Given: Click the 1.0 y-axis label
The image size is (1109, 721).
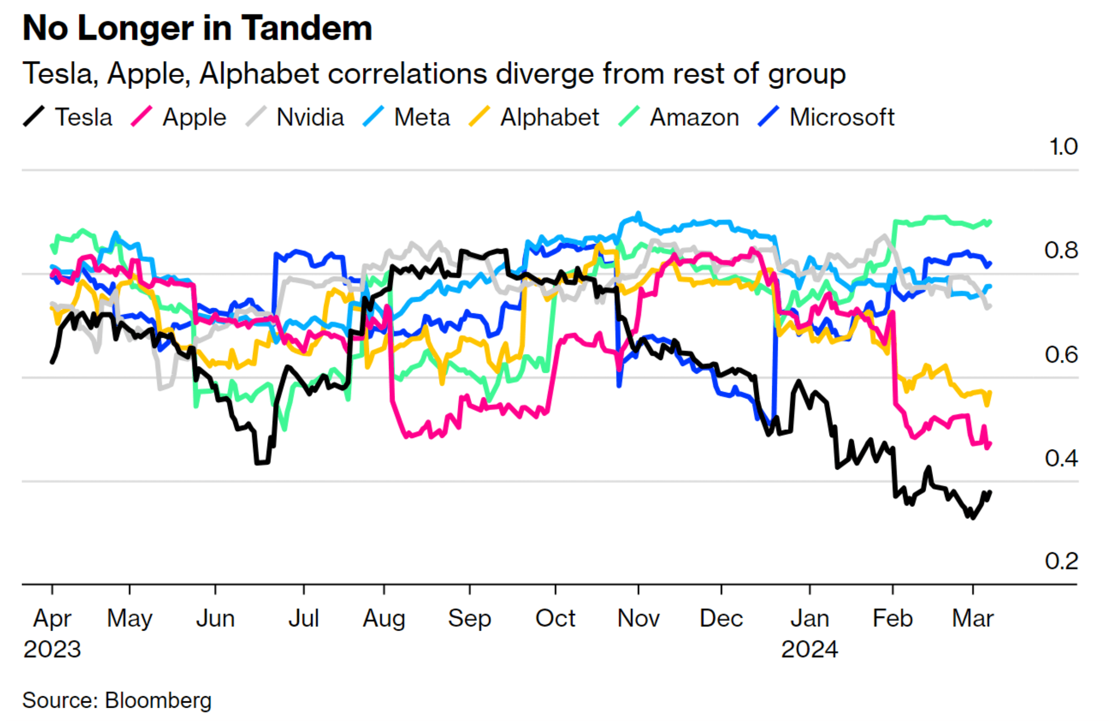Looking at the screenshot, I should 1063,147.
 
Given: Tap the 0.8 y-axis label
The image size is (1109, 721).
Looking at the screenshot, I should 1061,250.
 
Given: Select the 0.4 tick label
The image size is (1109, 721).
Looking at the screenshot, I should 1061,459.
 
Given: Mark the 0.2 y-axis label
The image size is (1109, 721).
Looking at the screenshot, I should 1061,561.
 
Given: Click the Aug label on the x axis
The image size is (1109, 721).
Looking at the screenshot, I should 384,619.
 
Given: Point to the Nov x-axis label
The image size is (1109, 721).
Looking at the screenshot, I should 638,619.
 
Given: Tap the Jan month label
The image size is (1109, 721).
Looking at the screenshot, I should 810,619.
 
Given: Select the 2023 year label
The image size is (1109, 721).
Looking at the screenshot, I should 52,649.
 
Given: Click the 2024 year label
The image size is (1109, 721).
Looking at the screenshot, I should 810,649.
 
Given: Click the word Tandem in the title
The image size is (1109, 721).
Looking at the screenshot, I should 307,28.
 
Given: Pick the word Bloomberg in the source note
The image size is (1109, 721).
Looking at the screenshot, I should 159,700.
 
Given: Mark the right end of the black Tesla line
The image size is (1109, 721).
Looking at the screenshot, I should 990,493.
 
